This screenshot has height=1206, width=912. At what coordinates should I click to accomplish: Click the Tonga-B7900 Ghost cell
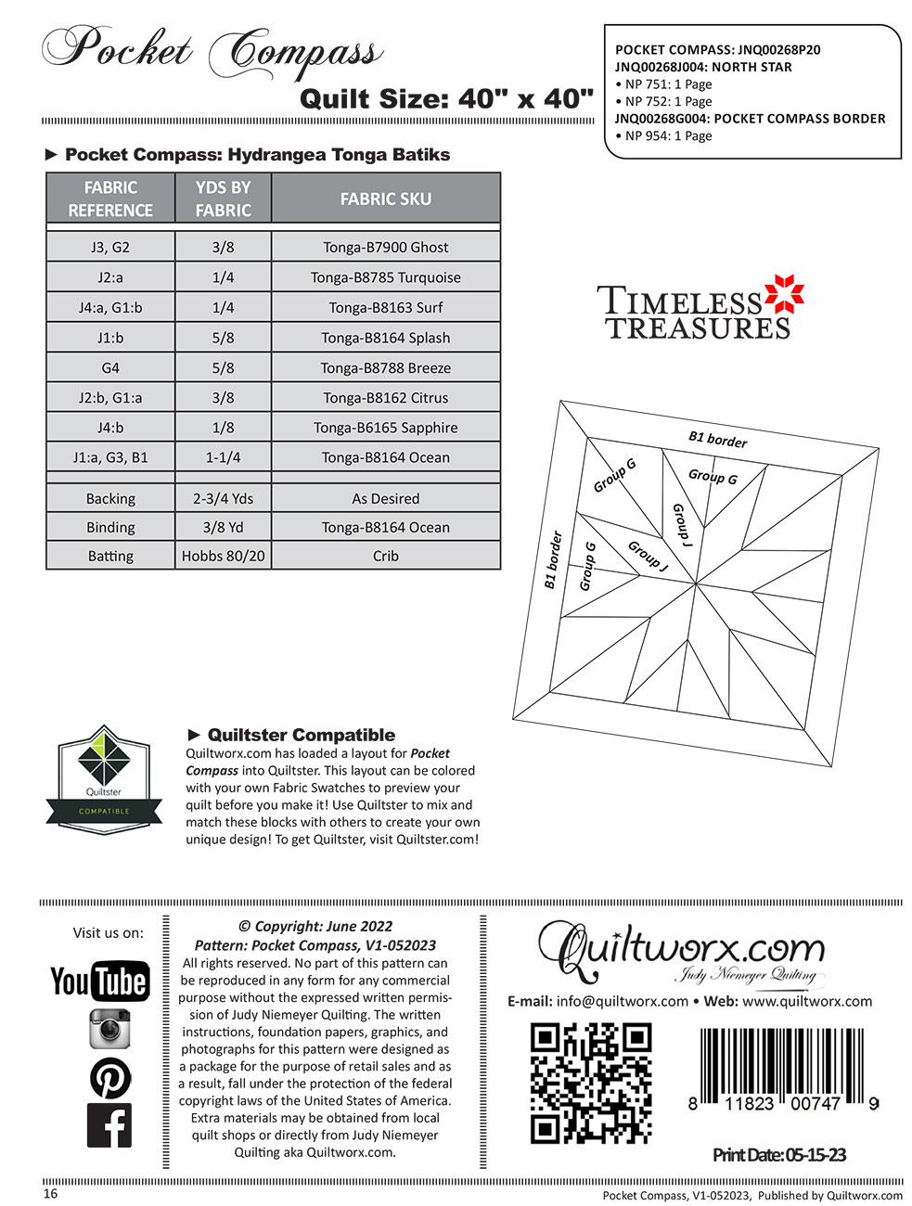coord(385,248)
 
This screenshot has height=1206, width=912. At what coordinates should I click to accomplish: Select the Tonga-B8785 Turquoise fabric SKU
coord(385,277)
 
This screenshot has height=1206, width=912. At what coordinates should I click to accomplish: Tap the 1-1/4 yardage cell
coord(223,457)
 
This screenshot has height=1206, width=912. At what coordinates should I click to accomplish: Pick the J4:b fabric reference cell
coord(110,428)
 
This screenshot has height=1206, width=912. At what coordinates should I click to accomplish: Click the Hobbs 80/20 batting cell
coord(223,556)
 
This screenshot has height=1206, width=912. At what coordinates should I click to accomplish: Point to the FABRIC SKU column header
coord(385,199)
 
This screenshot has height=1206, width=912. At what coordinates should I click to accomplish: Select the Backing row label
coord(110,498)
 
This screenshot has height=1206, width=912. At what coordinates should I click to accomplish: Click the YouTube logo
coord(99,981)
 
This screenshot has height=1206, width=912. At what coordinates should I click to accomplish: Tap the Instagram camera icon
coord(109,1029)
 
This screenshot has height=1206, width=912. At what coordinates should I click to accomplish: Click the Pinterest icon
coord(109,1078)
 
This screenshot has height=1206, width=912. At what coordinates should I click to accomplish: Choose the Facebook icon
coord(109,1125)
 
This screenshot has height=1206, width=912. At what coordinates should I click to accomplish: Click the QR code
coord(590,1083)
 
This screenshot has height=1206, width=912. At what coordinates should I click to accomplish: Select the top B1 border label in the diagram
coord(717,439)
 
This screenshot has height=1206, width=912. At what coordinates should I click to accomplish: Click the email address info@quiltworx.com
coord(622,1001)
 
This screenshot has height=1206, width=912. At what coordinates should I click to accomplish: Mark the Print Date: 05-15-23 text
coord(778,1155)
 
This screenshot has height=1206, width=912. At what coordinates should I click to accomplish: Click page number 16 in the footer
coord(50,1194)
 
